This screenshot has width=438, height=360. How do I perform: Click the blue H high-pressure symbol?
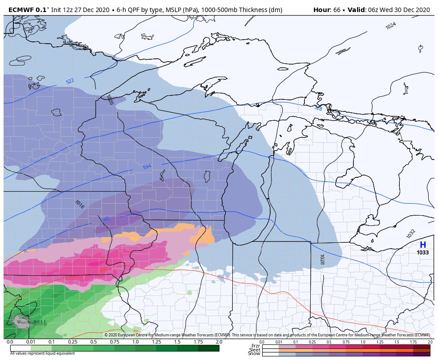422,245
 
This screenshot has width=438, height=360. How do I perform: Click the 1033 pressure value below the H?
422,253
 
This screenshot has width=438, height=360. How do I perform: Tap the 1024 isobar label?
390,26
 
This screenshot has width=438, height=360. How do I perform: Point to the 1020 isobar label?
109,100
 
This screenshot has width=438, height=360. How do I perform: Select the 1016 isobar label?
80,205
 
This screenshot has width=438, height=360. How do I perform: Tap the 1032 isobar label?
411,233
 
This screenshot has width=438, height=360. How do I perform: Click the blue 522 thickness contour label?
70,81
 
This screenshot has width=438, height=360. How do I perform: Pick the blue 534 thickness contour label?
147,167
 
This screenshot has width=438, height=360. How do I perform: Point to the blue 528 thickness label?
318,108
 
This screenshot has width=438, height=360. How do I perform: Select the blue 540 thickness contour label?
105,219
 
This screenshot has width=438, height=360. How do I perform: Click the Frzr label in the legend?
255,346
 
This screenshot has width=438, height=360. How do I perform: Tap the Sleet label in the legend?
255,350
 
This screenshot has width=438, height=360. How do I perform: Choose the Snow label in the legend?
254,354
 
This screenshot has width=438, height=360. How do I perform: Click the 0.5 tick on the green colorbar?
93,342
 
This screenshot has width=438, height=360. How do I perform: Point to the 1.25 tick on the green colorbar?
156,342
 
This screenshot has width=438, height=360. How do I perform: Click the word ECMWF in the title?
21,10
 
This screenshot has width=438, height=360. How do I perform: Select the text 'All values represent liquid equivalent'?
42,353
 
